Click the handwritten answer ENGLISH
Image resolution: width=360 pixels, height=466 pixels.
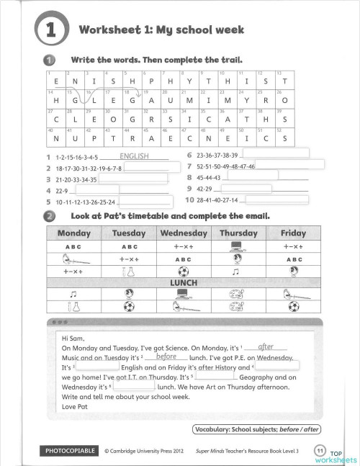(134, 156)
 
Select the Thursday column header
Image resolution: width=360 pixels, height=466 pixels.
(238, 233)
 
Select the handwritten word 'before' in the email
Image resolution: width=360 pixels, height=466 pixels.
(166, 356)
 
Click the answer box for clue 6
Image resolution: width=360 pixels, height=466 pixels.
(275, 153)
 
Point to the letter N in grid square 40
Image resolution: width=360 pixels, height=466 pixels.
(55, 138)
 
